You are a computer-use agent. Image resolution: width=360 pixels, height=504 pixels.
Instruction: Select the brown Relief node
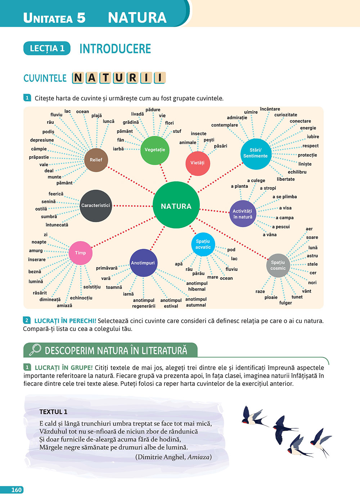coord(96,160)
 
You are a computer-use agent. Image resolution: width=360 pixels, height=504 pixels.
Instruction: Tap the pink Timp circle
coord(80,253)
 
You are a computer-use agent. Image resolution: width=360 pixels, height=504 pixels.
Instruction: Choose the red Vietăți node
coord(198,163)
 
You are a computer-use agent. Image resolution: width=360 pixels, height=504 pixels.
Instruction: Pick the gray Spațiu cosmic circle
coord(278,265)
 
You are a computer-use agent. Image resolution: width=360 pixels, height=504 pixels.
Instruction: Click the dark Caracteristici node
coord(96,206)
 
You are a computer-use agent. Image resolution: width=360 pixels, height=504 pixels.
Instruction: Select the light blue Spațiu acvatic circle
coord(203,244)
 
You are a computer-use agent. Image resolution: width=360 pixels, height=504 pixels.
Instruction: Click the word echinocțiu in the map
coord(81,298)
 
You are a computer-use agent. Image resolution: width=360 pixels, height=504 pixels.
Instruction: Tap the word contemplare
coord(225,125)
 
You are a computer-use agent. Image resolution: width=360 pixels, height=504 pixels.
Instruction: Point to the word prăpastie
coord(39,157)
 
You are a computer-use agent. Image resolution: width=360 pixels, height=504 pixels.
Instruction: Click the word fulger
coord(285,303)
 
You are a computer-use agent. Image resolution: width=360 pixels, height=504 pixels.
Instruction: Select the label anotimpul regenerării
coord(144,303)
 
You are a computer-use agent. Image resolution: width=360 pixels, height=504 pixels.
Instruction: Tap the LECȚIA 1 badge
coord(47,48)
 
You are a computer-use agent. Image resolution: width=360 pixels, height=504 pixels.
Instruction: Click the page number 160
coord(17,490)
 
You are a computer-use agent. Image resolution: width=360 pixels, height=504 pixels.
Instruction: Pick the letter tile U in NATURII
coord(119,78)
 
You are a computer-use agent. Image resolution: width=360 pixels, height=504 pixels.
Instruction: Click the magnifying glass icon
coord(35,350)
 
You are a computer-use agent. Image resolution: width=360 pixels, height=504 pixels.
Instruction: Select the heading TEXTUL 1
coord(53,412)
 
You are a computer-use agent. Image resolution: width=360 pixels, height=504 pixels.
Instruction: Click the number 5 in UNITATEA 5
coord(81,18)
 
